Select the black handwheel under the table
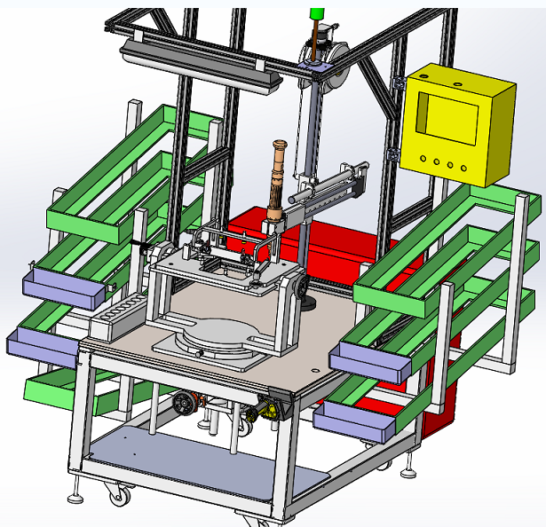[x=186, y=405]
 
